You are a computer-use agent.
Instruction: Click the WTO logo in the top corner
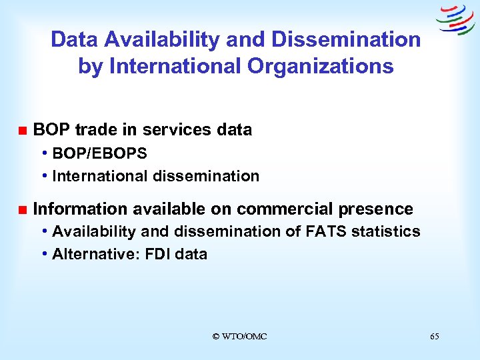pyautogui.click(x=455, y=20)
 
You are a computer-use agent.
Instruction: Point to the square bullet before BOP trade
pyautogui.click(x=22, y=130)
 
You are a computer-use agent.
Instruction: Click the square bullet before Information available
pyautogui.click(x=22, y=210)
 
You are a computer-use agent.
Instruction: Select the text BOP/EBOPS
pyautogui.click(x=99, y=153)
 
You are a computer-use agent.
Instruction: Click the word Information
pyautogui.click(x=80, y=209)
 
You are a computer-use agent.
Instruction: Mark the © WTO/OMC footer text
pyautogui.click(x=239, y=337)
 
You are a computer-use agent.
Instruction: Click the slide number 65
pyautogui.click(x=435, y=337)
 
